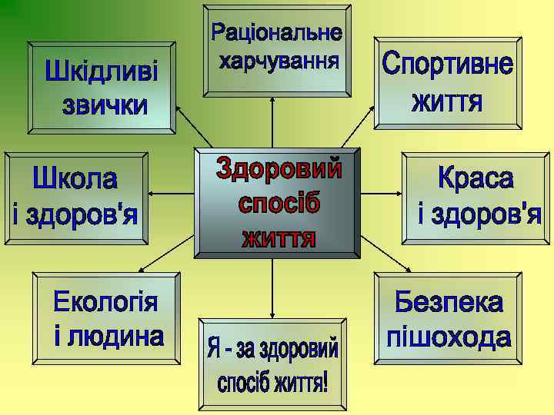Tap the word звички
click(x=104, y=105)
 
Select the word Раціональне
click(x=276, y=33)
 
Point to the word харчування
click(x=278, y=60)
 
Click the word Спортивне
click(x=447, y=65)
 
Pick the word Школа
click(x=75, y=181)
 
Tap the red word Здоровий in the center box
click(x=278, y=169)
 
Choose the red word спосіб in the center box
click(x=278, y=204)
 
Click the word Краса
click(x=475, y=178)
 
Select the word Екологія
click(x=105, y=302)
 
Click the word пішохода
click(x=449, y=337)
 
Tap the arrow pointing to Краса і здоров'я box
click(x=381, y=193)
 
